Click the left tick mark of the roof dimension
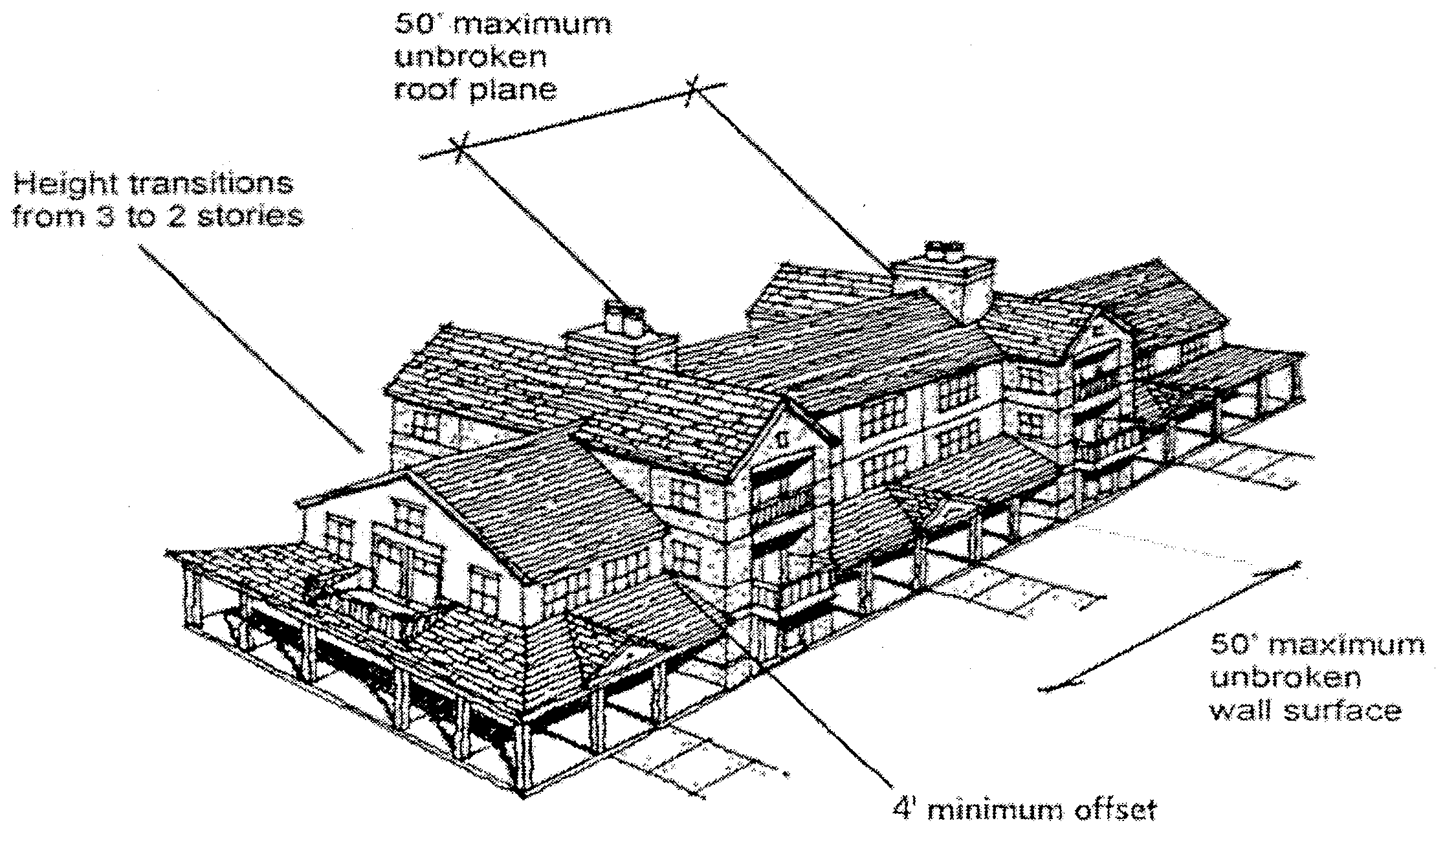click(x=459, y=148)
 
